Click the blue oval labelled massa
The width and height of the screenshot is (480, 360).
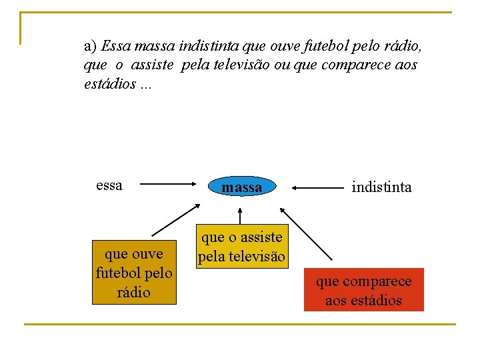pyautogui.click(x=241, y=187)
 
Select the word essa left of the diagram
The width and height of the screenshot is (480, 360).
pyautogui.click(x=109, y=185)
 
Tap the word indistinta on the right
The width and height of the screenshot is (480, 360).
pyautogui.click(x=382, y=187)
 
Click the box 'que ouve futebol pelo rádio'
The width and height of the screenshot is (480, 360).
pyautogui.click(x=134, y=273)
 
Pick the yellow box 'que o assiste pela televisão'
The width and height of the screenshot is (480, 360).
pyautogui.click(x=241, y=247)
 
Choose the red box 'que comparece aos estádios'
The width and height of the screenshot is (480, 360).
pyautogui.click(x=363, y=291)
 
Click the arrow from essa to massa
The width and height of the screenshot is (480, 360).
pyautogui.click(x=166, y=186)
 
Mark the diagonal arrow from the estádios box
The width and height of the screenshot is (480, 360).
pyautogui.click(x=305, y=233)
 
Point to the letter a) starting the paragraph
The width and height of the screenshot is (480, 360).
pyautogui.click(x=91, y=47)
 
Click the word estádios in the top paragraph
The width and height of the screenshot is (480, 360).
pyautogui.click(x=111, y=85)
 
